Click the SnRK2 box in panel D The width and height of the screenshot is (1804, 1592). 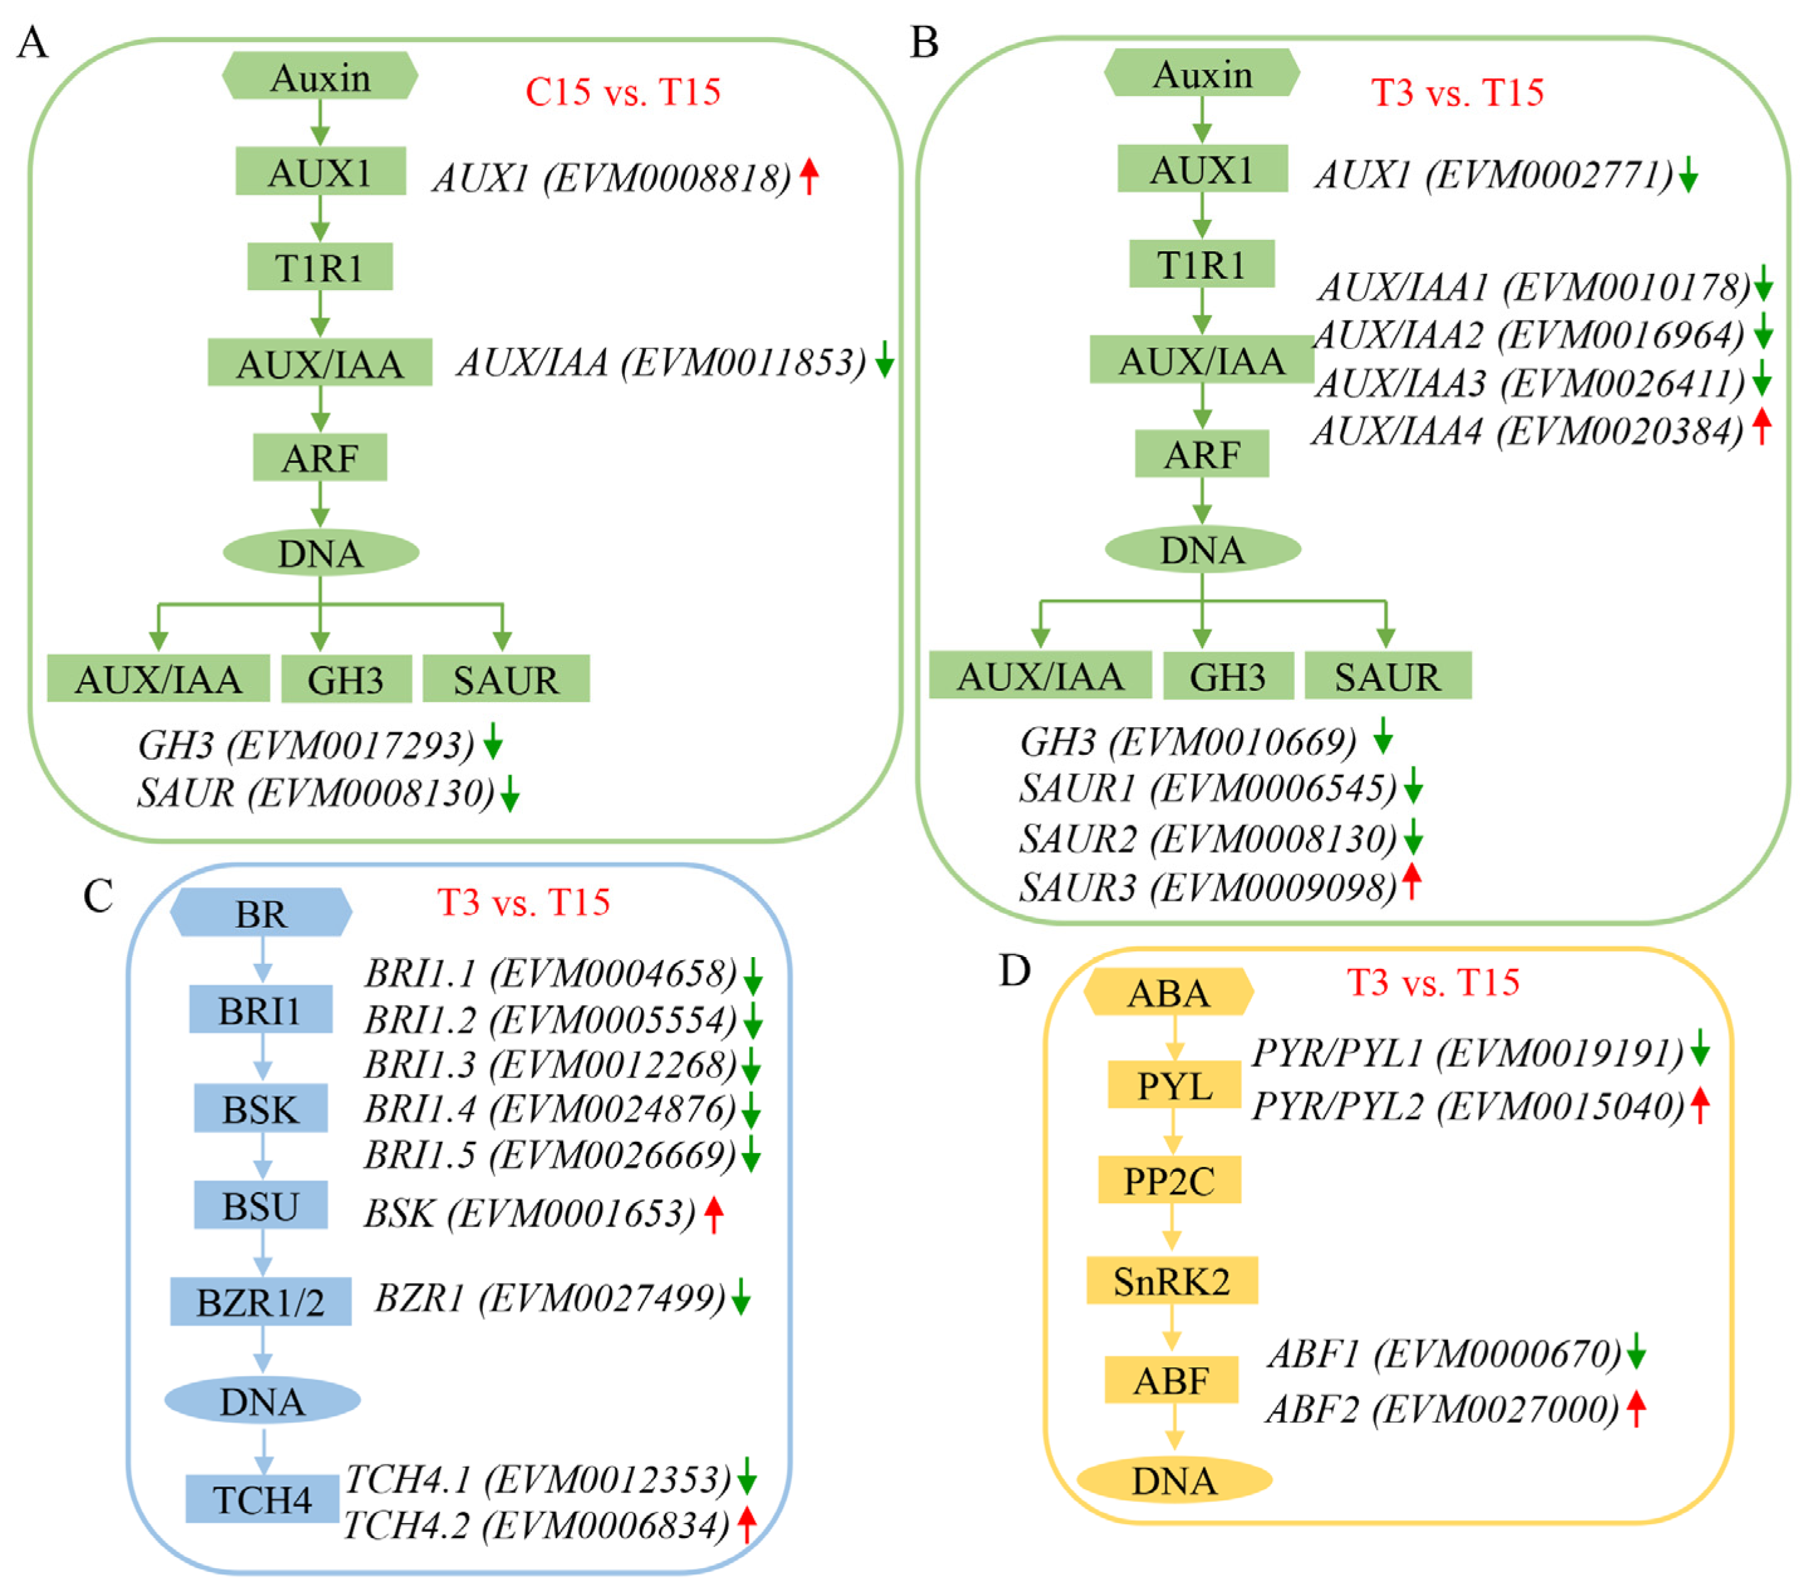[x=1171, y=1281]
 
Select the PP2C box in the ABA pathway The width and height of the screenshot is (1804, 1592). [x=1169, y=1180]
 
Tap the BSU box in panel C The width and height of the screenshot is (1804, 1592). [x=261, y=1206]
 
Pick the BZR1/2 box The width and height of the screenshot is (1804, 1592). [x=261, y=1302]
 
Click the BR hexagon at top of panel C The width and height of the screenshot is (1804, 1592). [x=261, y=912]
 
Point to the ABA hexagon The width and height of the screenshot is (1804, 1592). [x=1169, y=992]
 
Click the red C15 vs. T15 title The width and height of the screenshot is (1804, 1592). [x=622, y=92]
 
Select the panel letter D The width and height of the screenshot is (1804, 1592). [x=1015, y=971]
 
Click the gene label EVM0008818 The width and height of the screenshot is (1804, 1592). [x=612, y=177]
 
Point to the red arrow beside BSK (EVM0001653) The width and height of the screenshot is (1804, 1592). [x=713, y=1215]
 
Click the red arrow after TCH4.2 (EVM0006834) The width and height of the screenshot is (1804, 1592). [x=747, y=1525]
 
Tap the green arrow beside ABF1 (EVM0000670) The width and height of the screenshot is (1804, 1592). [x=1636, y=1352]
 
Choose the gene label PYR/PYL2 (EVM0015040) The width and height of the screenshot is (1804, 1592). [x=1467, y=1106]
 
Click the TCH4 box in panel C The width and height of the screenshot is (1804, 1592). [x=262, y=1499]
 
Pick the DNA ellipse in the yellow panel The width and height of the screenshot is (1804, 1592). [x=1174, y=1480]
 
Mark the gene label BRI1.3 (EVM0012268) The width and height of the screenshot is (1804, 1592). [x=550, y=1065]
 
